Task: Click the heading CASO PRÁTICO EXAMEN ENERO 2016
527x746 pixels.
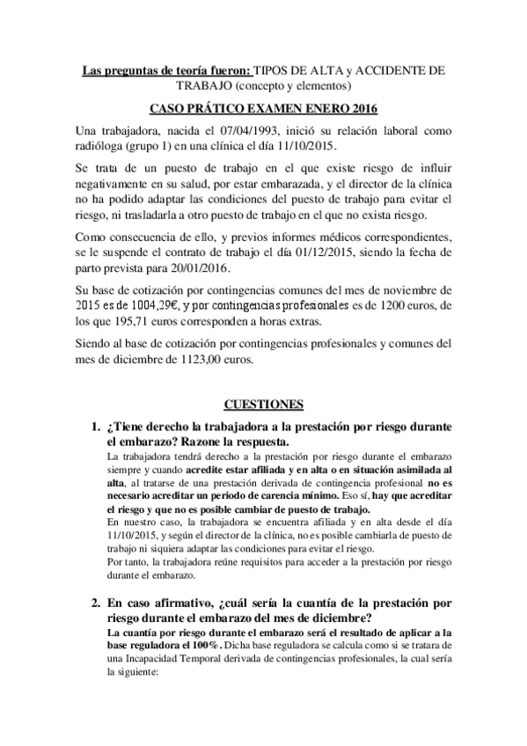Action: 263,108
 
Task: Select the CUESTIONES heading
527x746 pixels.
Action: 263,404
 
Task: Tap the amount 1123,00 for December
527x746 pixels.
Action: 223,359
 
